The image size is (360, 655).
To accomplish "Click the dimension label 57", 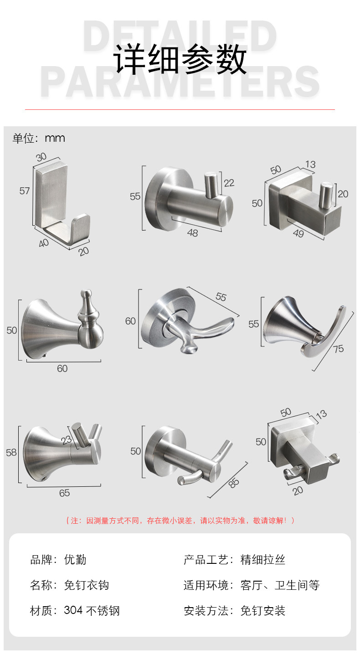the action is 25,191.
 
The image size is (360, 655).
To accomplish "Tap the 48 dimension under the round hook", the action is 192,233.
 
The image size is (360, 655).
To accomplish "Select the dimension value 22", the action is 229,183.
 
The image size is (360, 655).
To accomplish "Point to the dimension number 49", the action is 298,233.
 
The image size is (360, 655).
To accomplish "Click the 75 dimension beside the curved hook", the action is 338,349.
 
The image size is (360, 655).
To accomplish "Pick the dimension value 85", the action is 234,483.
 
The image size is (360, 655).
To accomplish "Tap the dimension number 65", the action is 64,493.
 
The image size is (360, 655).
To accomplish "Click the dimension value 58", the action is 11,453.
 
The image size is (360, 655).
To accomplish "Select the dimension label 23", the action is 67,439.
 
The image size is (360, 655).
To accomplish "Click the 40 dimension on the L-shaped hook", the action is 44,242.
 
